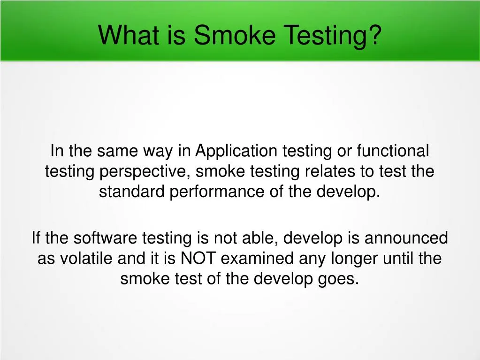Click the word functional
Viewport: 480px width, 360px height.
[x=393, y=151]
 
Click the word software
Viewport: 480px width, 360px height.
[x=107, y=238]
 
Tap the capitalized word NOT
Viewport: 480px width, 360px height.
[x=199, y=259]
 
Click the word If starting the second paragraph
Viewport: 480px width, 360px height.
[x=36, y=238]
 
